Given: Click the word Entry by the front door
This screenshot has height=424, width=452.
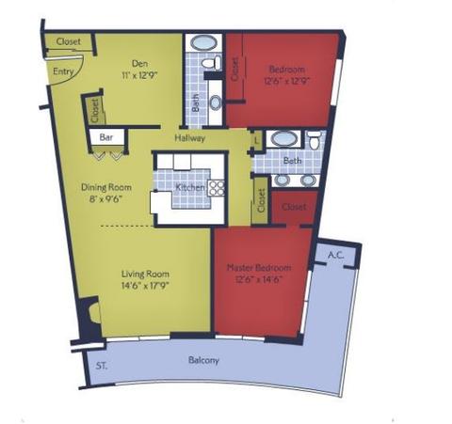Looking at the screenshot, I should coord(64,71).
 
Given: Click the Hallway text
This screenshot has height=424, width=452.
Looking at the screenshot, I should coord(189,137).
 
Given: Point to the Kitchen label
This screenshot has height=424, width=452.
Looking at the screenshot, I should coord(190,187).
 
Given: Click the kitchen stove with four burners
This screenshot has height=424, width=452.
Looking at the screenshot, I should coord(217,186).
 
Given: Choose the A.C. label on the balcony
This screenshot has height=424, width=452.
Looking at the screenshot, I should coord(334,254).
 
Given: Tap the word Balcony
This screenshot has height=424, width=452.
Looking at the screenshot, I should coord(203,361).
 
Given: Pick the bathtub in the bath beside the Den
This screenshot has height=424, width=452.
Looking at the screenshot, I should coord(202,42).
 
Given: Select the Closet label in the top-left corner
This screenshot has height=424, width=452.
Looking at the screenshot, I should coord(68,41).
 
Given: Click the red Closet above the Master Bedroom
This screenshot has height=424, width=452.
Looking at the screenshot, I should coord(294,207).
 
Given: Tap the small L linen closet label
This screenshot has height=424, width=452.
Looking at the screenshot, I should coord(259,140).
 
